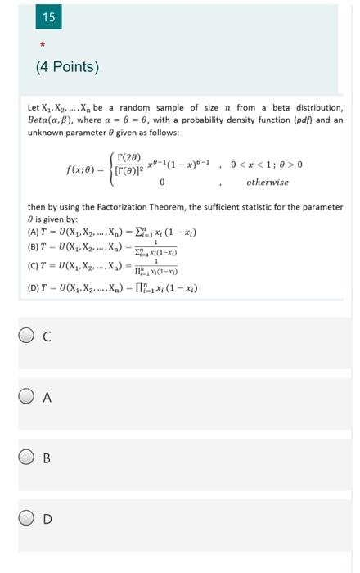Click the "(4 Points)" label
(x=67, y=66)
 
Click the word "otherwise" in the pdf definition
(x=268, y=182)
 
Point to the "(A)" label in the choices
(x=34, y=232)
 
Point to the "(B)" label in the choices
(x=34, y=247)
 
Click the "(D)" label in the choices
(x=34, y=287)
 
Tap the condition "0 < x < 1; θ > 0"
(x=267, y=164)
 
